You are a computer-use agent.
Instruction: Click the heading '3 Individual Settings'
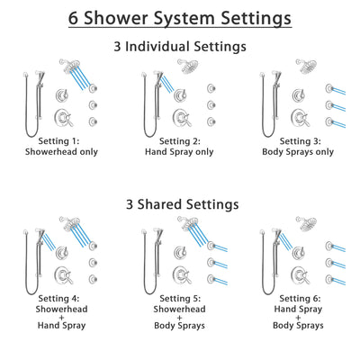pos(180,47)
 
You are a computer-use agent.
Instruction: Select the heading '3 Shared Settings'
pos(180,204)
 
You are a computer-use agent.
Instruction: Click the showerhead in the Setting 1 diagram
pos(68,65)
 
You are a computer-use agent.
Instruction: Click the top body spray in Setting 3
pos(331,88)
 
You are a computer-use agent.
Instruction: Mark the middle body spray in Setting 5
pos(212,261)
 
